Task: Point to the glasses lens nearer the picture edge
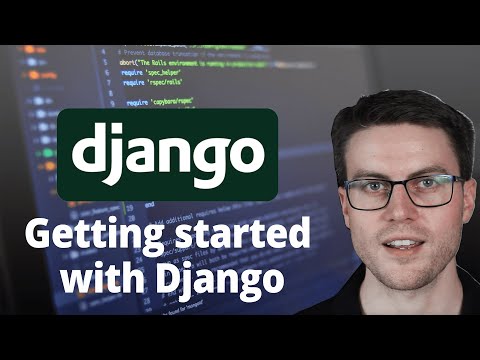pyautogui.click(x=435, y=190)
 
